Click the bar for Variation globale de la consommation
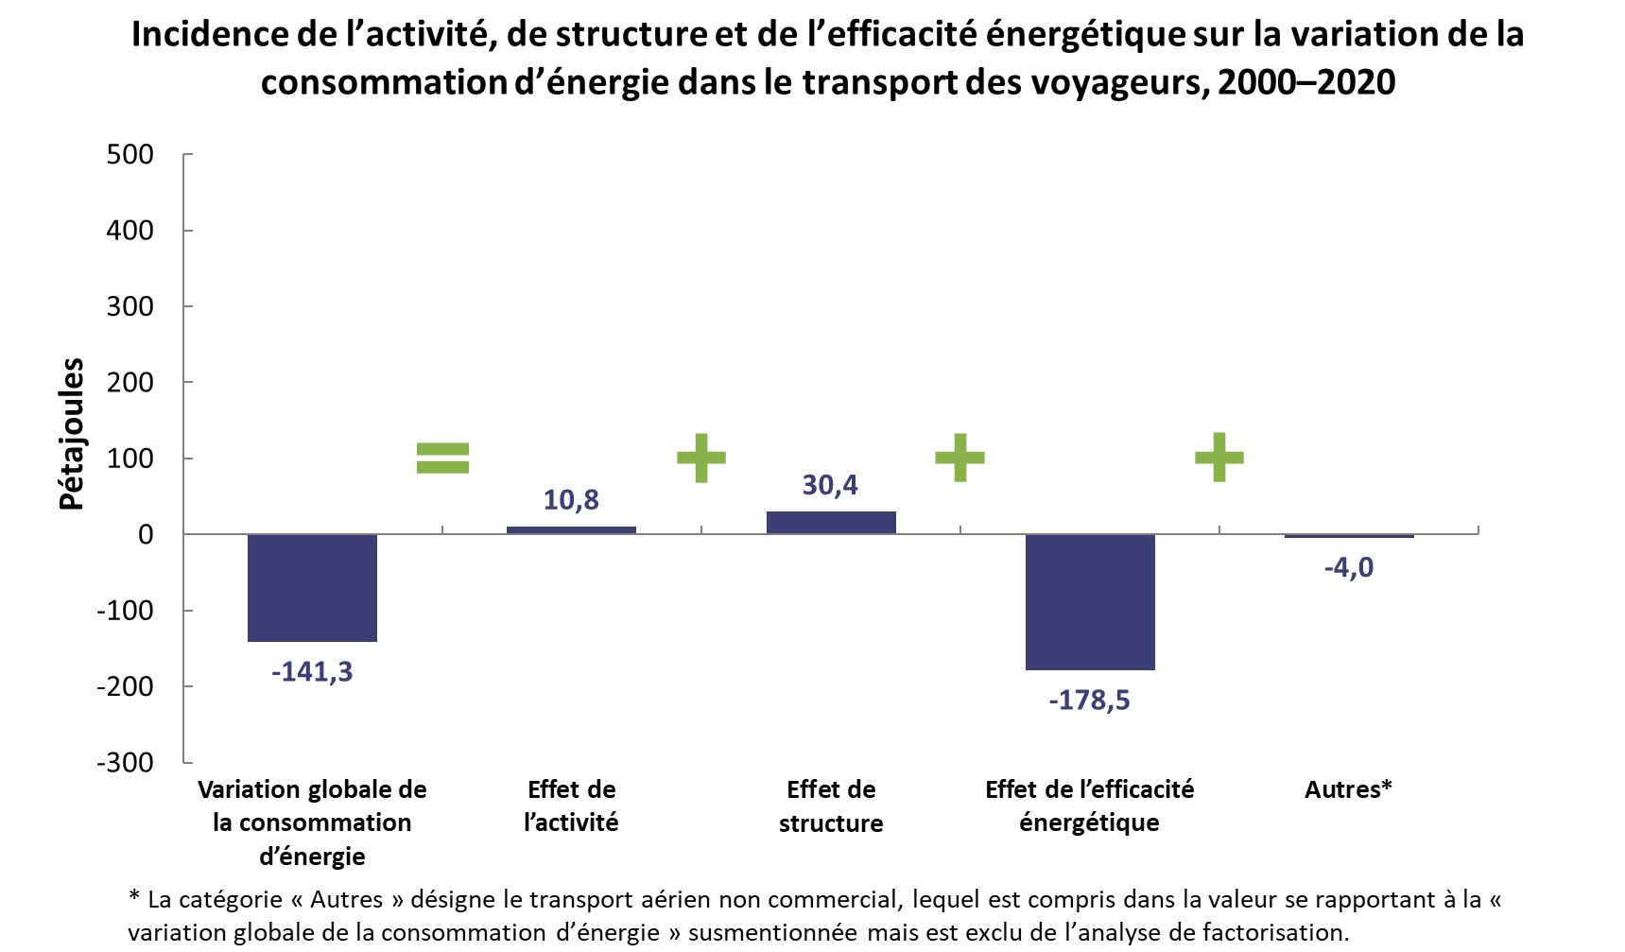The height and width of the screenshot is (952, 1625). coord(312,588)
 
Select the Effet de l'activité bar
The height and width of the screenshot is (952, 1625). coord(571,530)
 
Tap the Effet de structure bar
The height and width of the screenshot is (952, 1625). coord(831,523)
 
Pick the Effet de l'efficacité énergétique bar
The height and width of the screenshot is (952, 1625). coord(1090,602)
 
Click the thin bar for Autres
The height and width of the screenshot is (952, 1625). coord(1349,536)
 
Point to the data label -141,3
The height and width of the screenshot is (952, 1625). coord(312,672)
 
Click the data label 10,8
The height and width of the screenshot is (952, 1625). coord(571,500)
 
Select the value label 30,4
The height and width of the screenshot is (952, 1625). coord(830,485)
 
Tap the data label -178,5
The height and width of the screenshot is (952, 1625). coord(1089,701)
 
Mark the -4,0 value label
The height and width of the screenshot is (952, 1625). coord(1349,567)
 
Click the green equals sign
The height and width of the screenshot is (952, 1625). coord(443,458)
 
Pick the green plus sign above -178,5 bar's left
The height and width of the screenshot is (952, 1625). coord(960,458)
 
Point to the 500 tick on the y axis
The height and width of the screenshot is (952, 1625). coord(130,154)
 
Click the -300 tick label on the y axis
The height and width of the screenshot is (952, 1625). coord(125,762)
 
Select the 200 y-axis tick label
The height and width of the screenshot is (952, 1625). coord(130,382)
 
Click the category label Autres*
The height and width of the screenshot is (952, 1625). coord(1349,789)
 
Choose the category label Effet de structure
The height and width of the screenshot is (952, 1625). coord(831,806)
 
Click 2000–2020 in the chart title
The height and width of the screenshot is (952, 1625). coord(1306,82)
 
